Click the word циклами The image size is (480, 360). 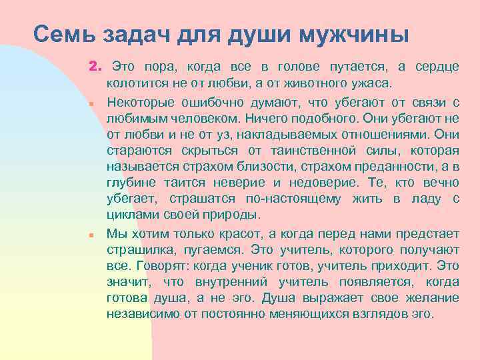(x=130, y=215)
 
